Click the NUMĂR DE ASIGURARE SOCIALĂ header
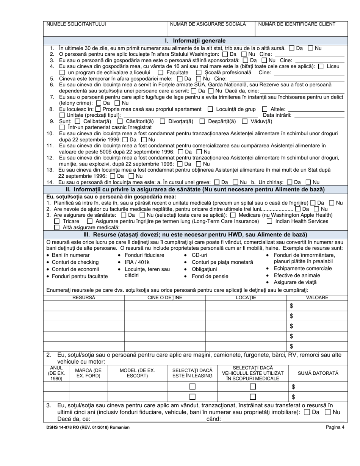click(x=208, y=24)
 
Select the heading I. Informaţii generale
click(x=195, y=41)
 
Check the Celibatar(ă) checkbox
click(x=78, y=122)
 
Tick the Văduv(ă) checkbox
click(x=244, y=122)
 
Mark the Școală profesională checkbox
click(x=199, y=72)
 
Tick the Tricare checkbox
click(x=57, y=221)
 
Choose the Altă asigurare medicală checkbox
click(x=57, y=228)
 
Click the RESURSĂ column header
click(x=84, y=298)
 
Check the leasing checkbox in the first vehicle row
click(x=193, y=387)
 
